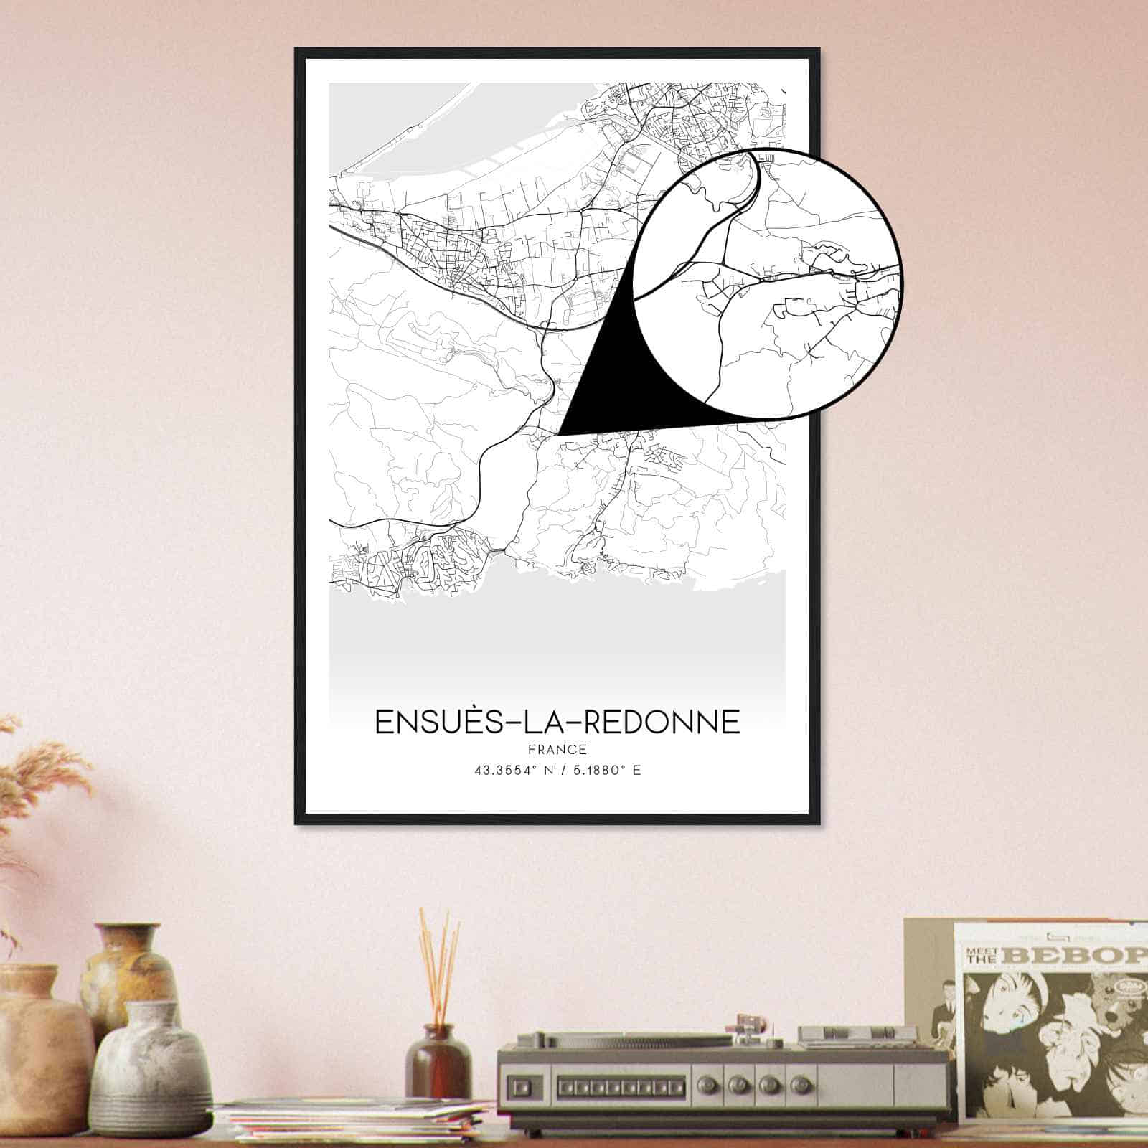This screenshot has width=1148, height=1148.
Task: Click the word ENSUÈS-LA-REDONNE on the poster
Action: [x=557, y=722]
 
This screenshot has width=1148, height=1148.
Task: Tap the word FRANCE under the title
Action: [x=557, y=750]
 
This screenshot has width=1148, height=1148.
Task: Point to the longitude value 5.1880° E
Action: [x=607, y=771]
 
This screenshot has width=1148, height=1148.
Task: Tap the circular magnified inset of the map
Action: [x=768, y=283]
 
